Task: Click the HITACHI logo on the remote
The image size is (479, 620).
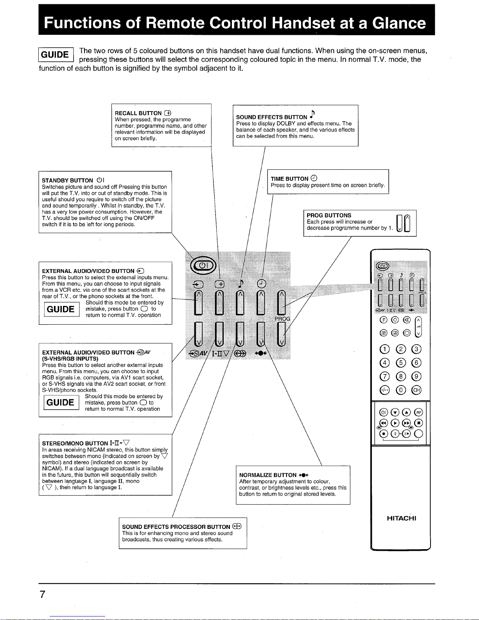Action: [x=401, y=518]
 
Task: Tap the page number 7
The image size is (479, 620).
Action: [x=43, y=594]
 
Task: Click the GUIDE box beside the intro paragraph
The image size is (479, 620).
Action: [x=56, y=54]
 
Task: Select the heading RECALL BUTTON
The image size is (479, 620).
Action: [x=138, y=113]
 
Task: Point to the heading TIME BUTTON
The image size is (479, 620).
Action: [x=289, y=179]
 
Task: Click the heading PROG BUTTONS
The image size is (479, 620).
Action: [x=329, y=216]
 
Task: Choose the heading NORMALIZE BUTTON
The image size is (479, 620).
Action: [x=268, y=475]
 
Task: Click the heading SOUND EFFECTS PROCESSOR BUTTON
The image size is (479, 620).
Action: [x=176, y=527]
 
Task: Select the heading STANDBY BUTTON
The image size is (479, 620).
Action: [x=67, y=181]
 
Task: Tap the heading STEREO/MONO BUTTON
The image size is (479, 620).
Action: [x=75, y=443]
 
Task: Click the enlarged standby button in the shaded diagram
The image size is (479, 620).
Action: [x=203, y=265]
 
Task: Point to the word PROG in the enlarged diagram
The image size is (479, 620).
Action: [x=282, y=319]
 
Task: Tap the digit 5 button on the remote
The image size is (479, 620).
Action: [x=400, y=363]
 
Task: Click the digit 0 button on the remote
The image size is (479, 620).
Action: [x=400, y=390]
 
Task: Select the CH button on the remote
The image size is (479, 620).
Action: [x=416, y=390]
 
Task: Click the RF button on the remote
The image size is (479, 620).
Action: [x=418, y=412]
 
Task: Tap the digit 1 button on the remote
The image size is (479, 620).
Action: [x=384, y=349]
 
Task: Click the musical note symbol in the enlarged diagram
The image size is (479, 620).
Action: [x=241, y=284]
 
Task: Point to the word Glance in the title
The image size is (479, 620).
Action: [x=398, y=23]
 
